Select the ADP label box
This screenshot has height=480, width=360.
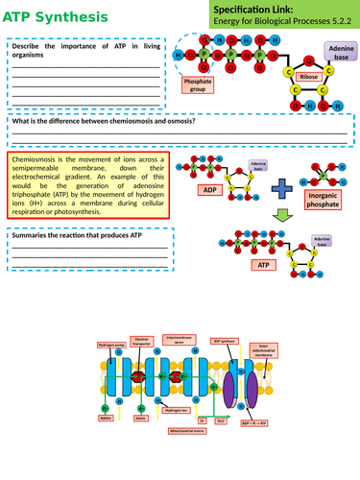point(211,190)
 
